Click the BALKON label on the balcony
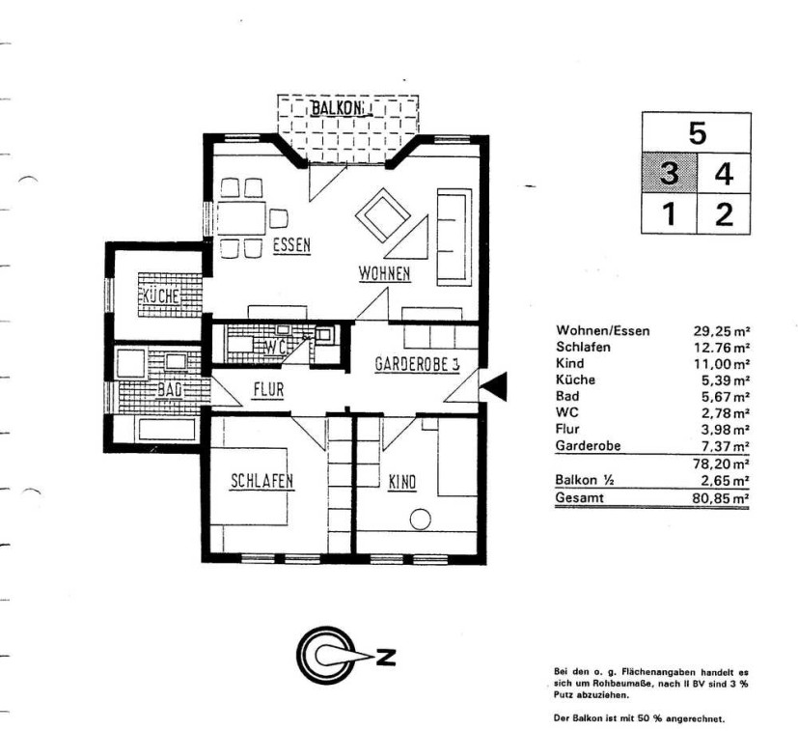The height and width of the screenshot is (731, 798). click(x=338, y=108)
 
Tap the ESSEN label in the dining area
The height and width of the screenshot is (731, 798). click(x=291, y=245)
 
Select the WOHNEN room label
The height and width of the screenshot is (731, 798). click(x=384, y=273)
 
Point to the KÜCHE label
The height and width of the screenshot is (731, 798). click(x=161, y=295)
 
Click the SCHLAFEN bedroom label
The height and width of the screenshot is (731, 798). click(x=262, y=481)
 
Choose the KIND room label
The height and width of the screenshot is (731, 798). click(x=402, y=482)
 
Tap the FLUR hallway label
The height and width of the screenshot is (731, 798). click(x=268, y=390)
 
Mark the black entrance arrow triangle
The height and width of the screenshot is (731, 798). click(x=495, y=386)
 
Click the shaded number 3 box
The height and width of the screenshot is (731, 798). click(x=669, y=173)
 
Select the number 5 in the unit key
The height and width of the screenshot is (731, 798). click(x=698, y=133)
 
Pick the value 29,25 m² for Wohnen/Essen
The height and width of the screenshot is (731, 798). click(x=721, y=331)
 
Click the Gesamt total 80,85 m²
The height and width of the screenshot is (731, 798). click(x=721, y=497)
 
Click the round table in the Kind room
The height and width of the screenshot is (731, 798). click(x=421, y=520)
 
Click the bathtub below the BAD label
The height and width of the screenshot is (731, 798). click(x=167, y=429)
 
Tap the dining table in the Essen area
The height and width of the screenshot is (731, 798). click(x=242, y=218)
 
